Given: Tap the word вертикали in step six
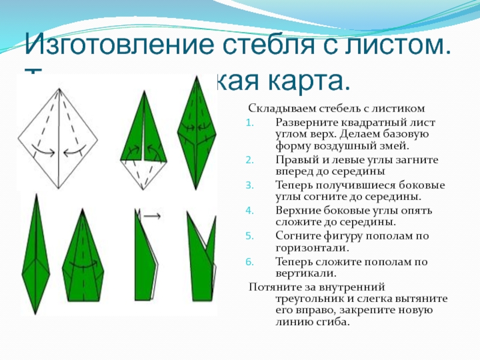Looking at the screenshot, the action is (305, 273).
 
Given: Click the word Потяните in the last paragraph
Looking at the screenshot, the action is (271, 286).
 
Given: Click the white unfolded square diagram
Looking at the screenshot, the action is (58, 138).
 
